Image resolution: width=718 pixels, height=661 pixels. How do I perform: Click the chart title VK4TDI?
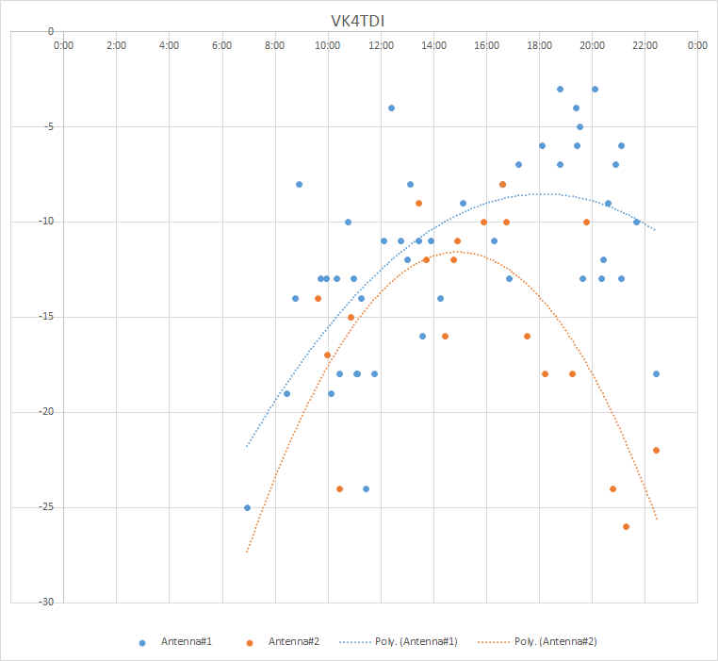pyautogui.click(x=358, y=21)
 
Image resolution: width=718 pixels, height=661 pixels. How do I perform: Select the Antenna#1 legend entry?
pyautogui.click(x=175, y=642)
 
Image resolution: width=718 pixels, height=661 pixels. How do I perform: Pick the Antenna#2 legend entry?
pyautogui.click(x=283, y=642)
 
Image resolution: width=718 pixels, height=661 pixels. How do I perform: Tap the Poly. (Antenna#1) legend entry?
pyautogui.click(x=399, y=642)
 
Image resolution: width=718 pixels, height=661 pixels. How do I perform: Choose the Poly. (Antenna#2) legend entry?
pyautogui.click(x=537, y=642)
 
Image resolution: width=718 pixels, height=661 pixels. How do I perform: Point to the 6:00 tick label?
pyautogui.click(x=221, y=45)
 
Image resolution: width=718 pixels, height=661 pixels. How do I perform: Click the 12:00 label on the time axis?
pyautogui.click(x=381, y=45)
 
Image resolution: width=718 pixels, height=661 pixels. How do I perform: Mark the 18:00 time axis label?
pyautogui.click(x=539, y=45)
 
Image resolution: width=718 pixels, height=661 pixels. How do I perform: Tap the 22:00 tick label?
pyautogui.click(x=645, y=45)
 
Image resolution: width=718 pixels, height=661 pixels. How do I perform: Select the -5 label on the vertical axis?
pyautogui.click(x=49, y=126)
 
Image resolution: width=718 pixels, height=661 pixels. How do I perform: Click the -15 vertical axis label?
pyautogui.click(x=47, y=317)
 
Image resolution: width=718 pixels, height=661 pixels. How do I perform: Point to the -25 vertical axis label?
pyautogui.click(x=47, y=507)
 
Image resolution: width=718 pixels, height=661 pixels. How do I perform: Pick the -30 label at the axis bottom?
pyautogui.click(x=47, y=602)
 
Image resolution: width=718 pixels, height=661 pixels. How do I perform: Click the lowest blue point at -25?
pyautogui.click(x=247, y=508)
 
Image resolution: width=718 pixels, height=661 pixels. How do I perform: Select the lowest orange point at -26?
pyautogui.click(x=626, y=527)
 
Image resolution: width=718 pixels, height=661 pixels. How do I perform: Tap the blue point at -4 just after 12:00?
pyautogui.click(x=392, y=108)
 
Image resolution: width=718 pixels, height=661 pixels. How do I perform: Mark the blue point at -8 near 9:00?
pyautogui.click(x=299, y=184)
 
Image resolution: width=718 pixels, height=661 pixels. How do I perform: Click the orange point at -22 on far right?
pyautogui.click(x=656, y=451)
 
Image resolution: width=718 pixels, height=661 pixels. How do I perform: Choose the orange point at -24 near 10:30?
pyautogui.click(x=340, y=489)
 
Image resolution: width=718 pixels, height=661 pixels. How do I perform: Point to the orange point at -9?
pyautogui.click(x=418, y=204)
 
